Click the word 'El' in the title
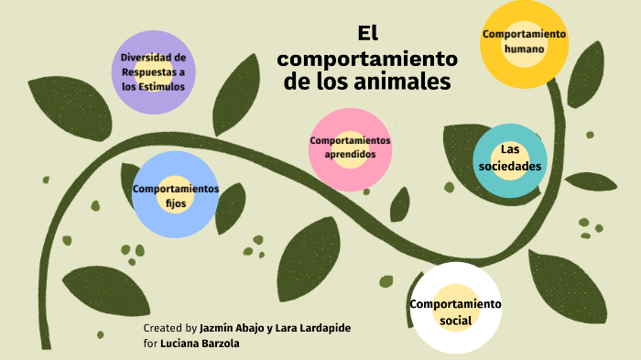[x=368, y=34]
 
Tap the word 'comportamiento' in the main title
[x=368, y=58]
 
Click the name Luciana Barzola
[x=200, y=344]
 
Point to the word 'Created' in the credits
[x=163, y=328]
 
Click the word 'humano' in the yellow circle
[x=524, y=49]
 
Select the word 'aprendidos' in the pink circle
[x=350, y=155]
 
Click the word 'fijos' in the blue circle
[x=176, y=203]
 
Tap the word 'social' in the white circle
[x=455, y=321]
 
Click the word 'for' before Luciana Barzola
[x=150, y=344]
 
